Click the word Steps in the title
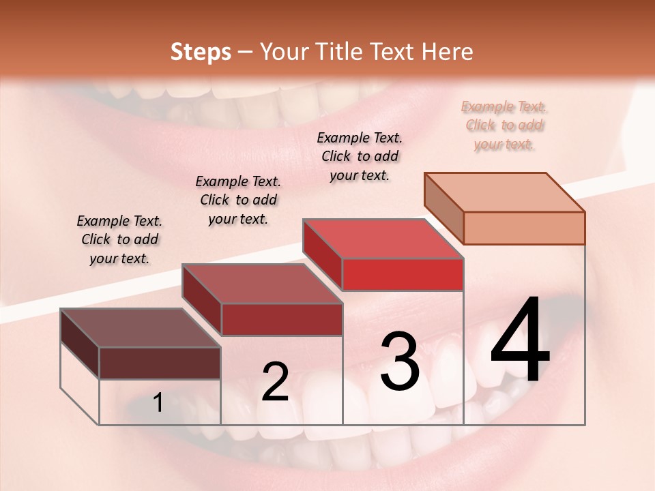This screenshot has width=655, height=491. tap(201, 52)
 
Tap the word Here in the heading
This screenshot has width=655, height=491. tap(444, 52)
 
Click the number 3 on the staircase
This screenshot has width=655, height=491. tap(399, 361)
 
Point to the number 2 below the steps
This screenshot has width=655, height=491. tap(275, 382)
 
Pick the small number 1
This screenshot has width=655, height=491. tap(158, 403)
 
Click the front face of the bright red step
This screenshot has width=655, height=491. tap(403, 274)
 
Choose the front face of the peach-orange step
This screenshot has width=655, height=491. tap(524, 228)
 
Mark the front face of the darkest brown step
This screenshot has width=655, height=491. tap(160, 363)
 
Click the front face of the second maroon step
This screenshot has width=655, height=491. tap(281, 319)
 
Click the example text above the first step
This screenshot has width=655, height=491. tap(119, 239)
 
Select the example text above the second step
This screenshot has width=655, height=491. tap(237, 200)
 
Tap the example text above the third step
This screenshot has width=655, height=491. tap(360, 156)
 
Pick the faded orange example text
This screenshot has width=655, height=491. tap(504, 125)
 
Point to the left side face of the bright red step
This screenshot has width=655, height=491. tap(323, 254)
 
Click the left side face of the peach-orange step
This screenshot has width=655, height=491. tap(443, 208)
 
